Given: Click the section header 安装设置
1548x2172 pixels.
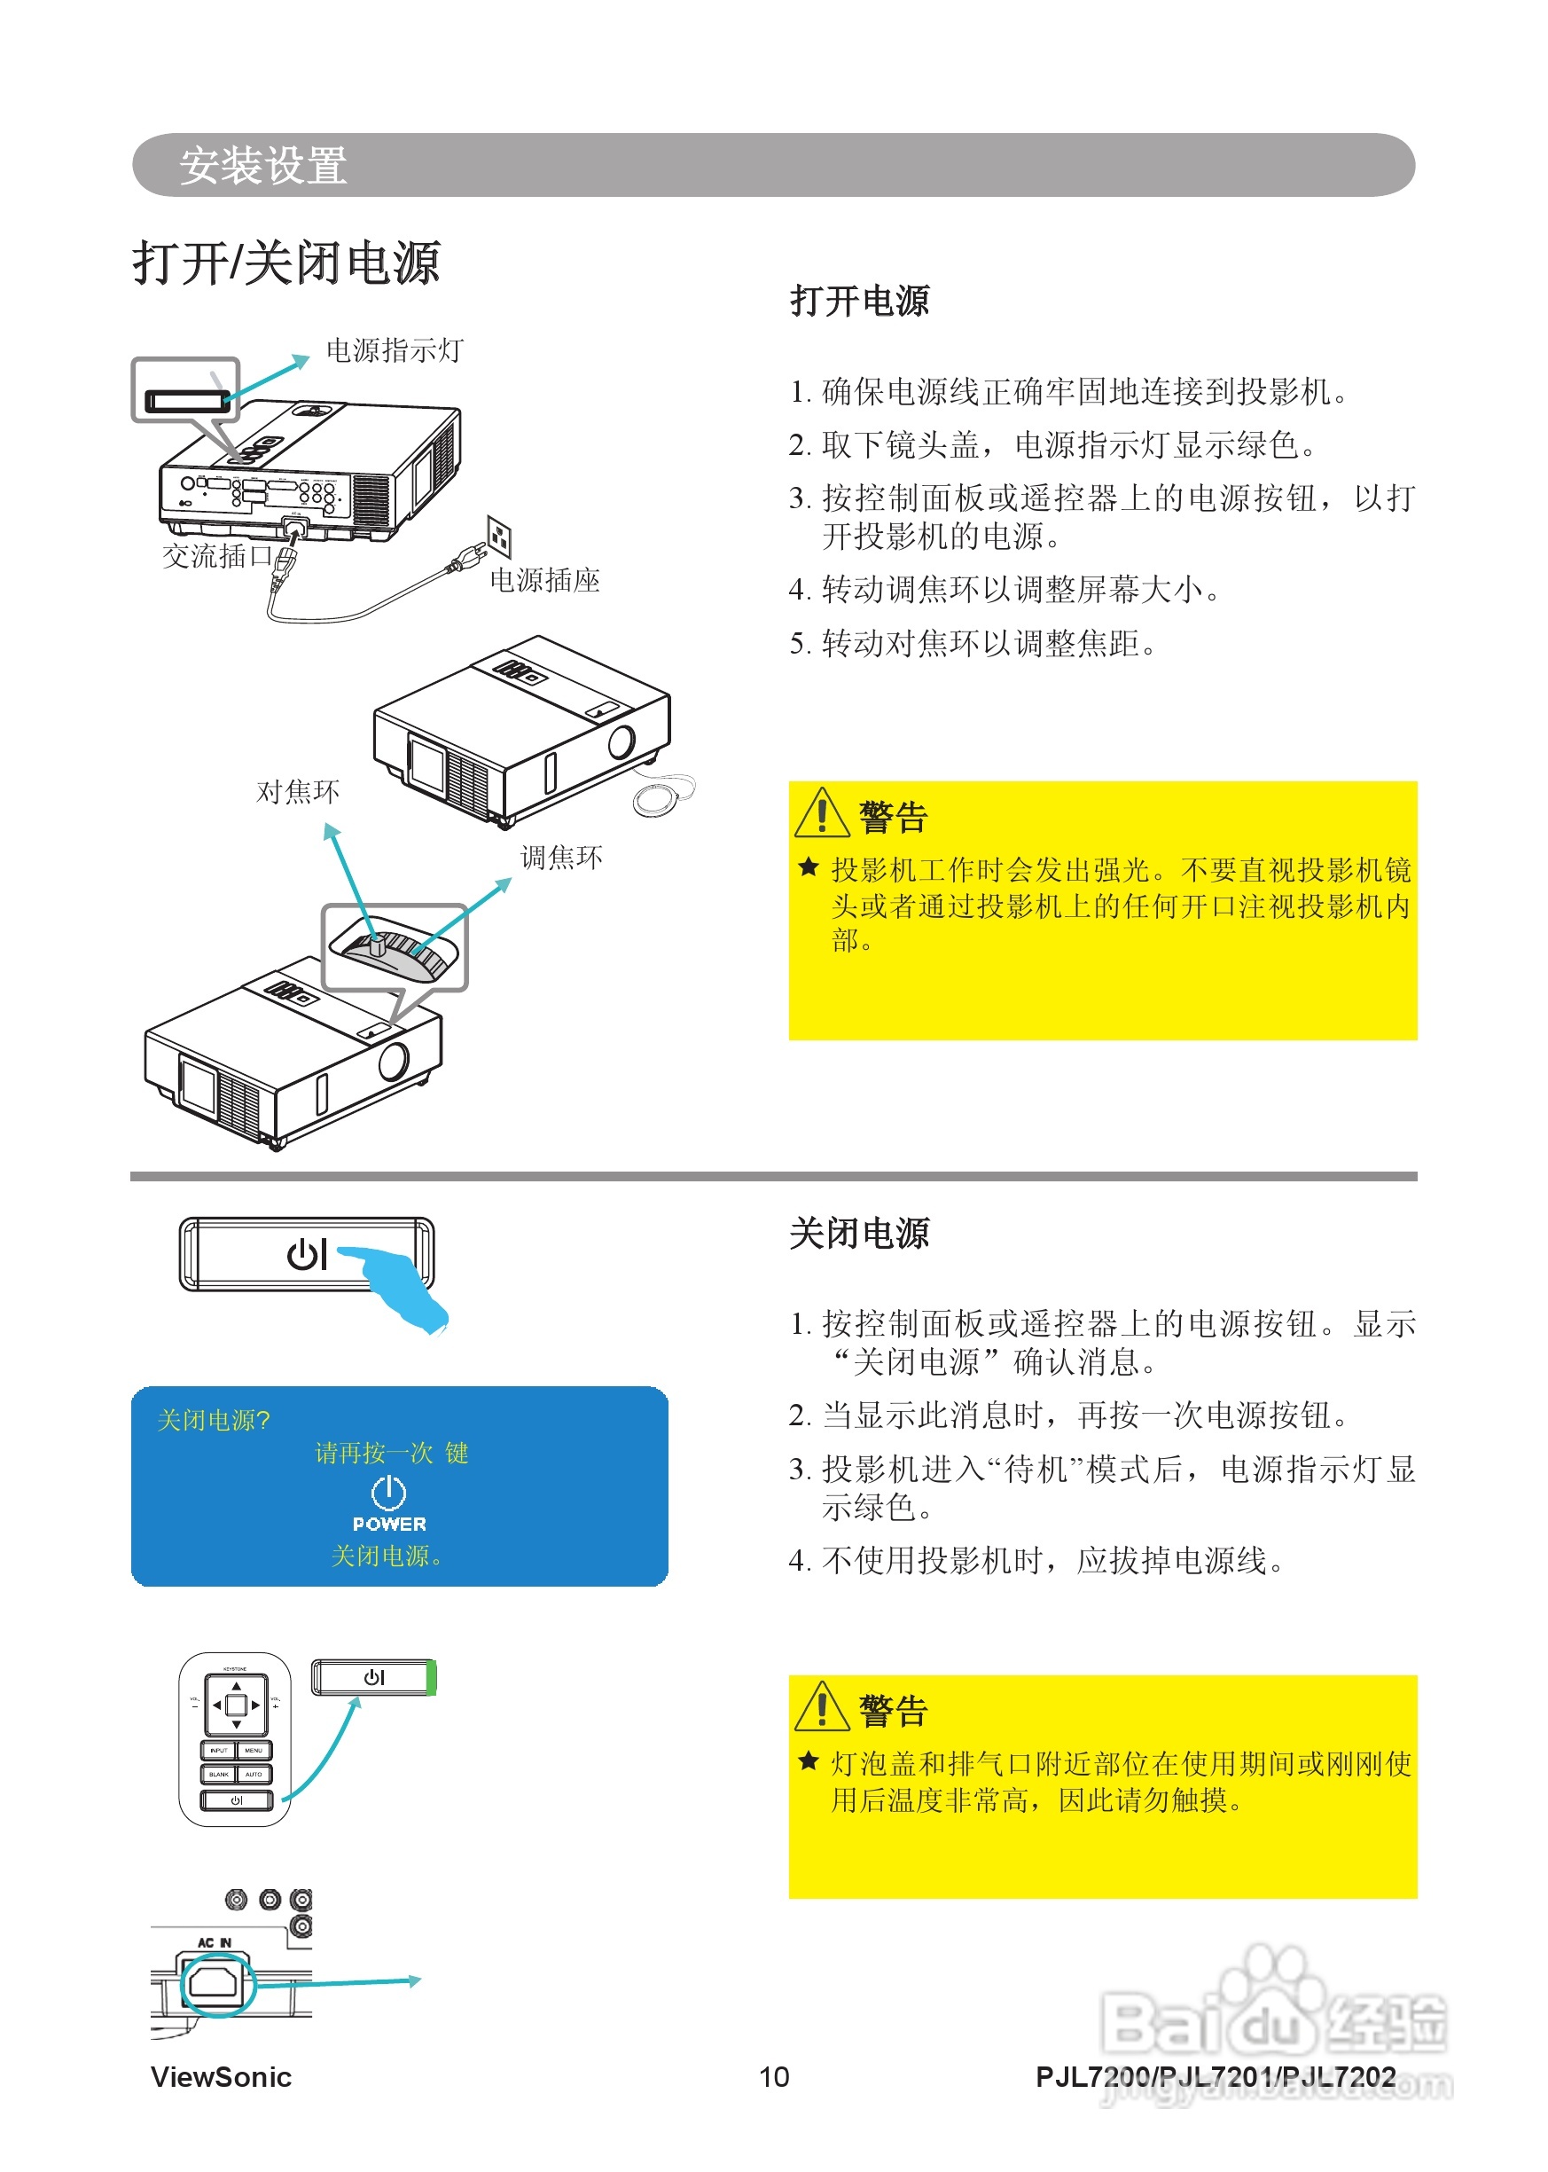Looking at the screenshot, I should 262,165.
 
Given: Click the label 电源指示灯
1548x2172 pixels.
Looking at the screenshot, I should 394,351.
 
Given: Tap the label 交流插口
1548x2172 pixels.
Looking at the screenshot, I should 217,556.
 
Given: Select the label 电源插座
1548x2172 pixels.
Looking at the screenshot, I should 544,580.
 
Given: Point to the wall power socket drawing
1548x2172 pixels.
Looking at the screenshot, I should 498,537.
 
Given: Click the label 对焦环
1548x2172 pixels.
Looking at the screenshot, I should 297,791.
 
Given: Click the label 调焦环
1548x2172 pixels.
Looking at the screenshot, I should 561,857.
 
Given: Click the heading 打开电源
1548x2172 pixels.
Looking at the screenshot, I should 859,302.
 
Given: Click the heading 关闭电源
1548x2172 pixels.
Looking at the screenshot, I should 859,1233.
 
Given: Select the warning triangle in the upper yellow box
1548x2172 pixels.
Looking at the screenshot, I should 821,813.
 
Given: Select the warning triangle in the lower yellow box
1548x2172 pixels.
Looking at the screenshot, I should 821,1707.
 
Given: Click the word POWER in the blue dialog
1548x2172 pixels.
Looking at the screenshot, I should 389,1524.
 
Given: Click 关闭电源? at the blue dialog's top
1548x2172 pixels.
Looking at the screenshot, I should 214,1421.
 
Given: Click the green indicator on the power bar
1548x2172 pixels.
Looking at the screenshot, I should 431,1677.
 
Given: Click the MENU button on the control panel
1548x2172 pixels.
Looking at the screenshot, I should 254,1751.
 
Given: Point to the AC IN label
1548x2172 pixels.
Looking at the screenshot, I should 215,1942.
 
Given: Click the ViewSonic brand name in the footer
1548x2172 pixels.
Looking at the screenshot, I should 221,2076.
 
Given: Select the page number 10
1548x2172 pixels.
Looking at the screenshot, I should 774,2076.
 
